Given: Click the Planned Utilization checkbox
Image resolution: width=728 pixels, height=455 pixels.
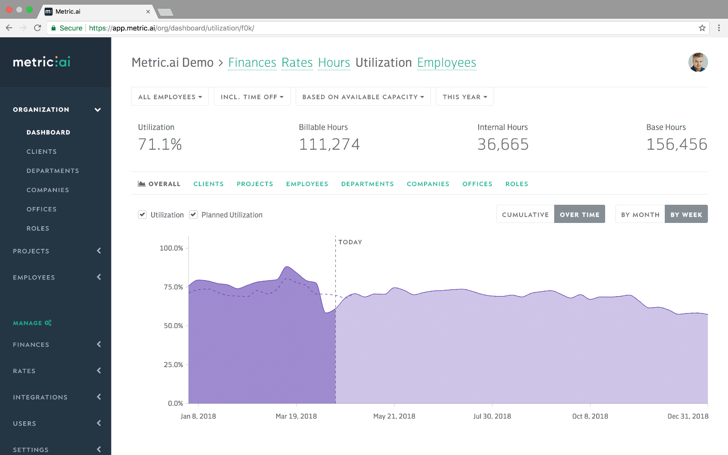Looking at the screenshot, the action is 193,214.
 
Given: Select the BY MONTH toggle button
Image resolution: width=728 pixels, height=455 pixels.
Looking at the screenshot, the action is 640,214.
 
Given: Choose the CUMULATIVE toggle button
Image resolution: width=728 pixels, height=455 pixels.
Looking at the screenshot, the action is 525,214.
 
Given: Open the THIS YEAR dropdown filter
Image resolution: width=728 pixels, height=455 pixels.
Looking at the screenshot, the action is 465,97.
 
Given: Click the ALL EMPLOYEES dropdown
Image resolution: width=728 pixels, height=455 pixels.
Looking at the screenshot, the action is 170,97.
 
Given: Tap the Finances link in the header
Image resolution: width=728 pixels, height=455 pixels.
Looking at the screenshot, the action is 252,62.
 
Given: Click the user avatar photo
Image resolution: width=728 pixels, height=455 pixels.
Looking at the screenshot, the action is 698,62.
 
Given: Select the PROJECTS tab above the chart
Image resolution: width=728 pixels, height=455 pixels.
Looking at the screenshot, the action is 255,184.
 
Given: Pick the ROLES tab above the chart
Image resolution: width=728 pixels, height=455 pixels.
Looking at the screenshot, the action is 517,184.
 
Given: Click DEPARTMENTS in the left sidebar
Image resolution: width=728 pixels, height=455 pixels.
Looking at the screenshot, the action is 53,171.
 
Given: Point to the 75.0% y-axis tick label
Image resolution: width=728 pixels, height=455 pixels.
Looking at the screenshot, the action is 173,287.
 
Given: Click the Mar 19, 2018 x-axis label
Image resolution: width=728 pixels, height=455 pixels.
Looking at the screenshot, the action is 296,416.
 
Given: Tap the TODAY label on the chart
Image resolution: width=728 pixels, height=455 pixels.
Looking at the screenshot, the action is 350,242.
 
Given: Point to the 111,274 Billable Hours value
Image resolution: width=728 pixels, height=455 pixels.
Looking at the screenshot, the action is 329,144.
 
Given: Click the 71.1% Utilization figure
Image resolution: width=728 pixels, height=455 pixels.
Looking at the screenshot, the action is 160,144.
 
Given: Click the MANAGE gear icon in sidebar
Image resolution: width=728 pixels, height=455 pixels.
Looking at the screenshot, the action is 48,323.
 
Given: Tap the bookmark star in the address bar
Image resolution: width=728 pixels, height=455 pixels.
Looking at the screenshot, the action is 702,28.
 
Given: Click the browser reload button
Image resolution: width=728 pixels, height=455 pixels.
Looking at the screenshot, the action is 37,28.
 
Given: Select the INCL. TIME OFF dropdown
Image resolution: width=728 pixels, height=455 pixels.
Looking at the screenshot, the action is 252,97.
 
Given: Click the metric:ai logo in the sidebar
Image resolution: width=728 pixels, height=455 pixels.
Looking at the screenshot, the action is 41,62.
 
